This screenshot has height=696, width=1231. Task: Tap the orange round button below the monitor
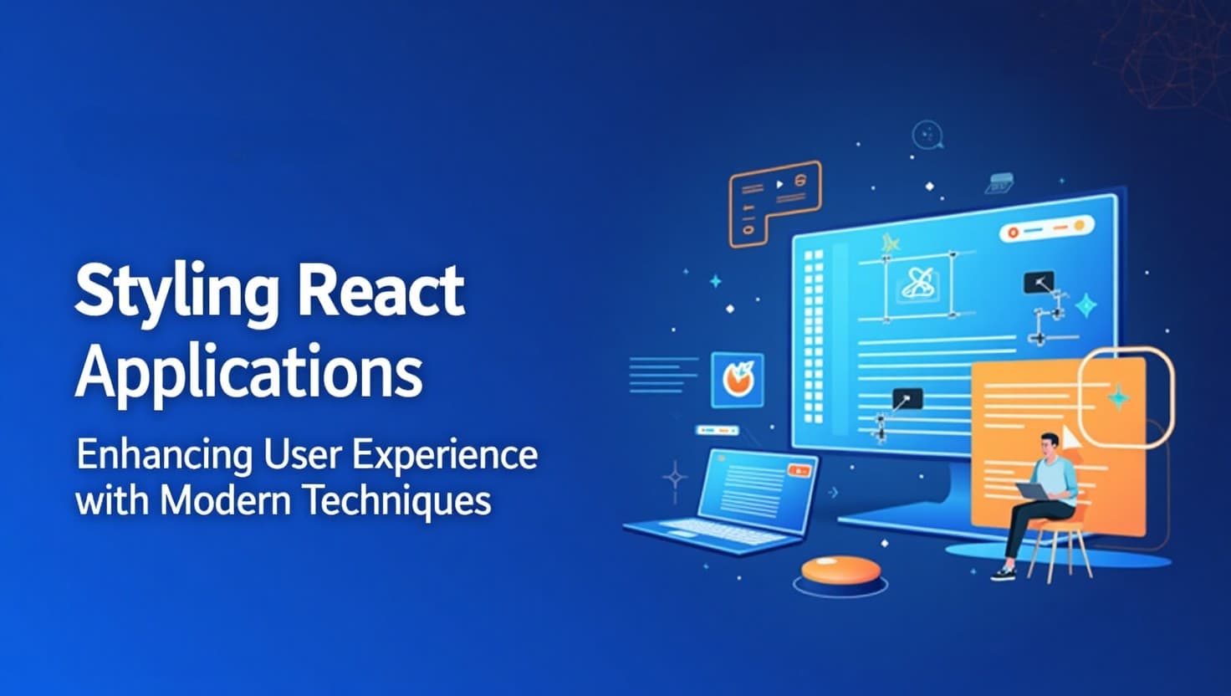[x=840, y=571]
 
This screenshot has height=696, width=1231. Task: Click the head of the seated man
[x=1049, y=448]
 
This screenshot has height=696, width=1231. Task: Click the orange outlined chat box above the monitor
[x=774, y=201]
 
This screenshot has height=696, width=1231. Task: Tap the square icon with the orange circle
[x=737, y=380]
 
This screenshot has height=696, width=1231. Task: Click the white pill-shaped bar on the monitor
[x=1046, y=228]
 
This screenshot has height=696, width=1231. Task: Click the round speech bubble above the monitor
[x=927, y=135]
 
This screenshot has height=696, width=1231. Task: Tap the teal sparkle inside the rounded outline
[x=1117, y=396]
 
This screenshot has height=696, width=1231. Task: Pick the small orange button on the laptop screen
[x=800, y=471]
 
